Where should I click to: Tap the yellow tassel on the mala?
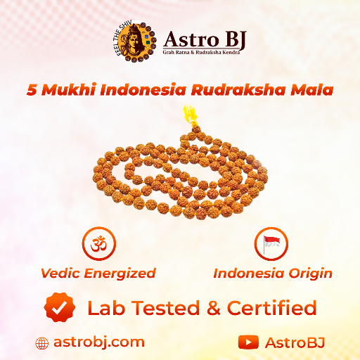click(189, 115)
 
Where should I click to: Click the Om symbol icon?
click(98, 244)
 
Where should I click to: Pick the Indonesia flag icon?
click(271, 244)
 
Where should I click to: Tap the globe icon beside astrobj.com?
click(42, 343)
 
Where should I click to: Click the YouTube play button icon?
click(248, 342)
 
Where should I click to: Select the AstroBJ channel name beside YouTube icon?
click(295, 342)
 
